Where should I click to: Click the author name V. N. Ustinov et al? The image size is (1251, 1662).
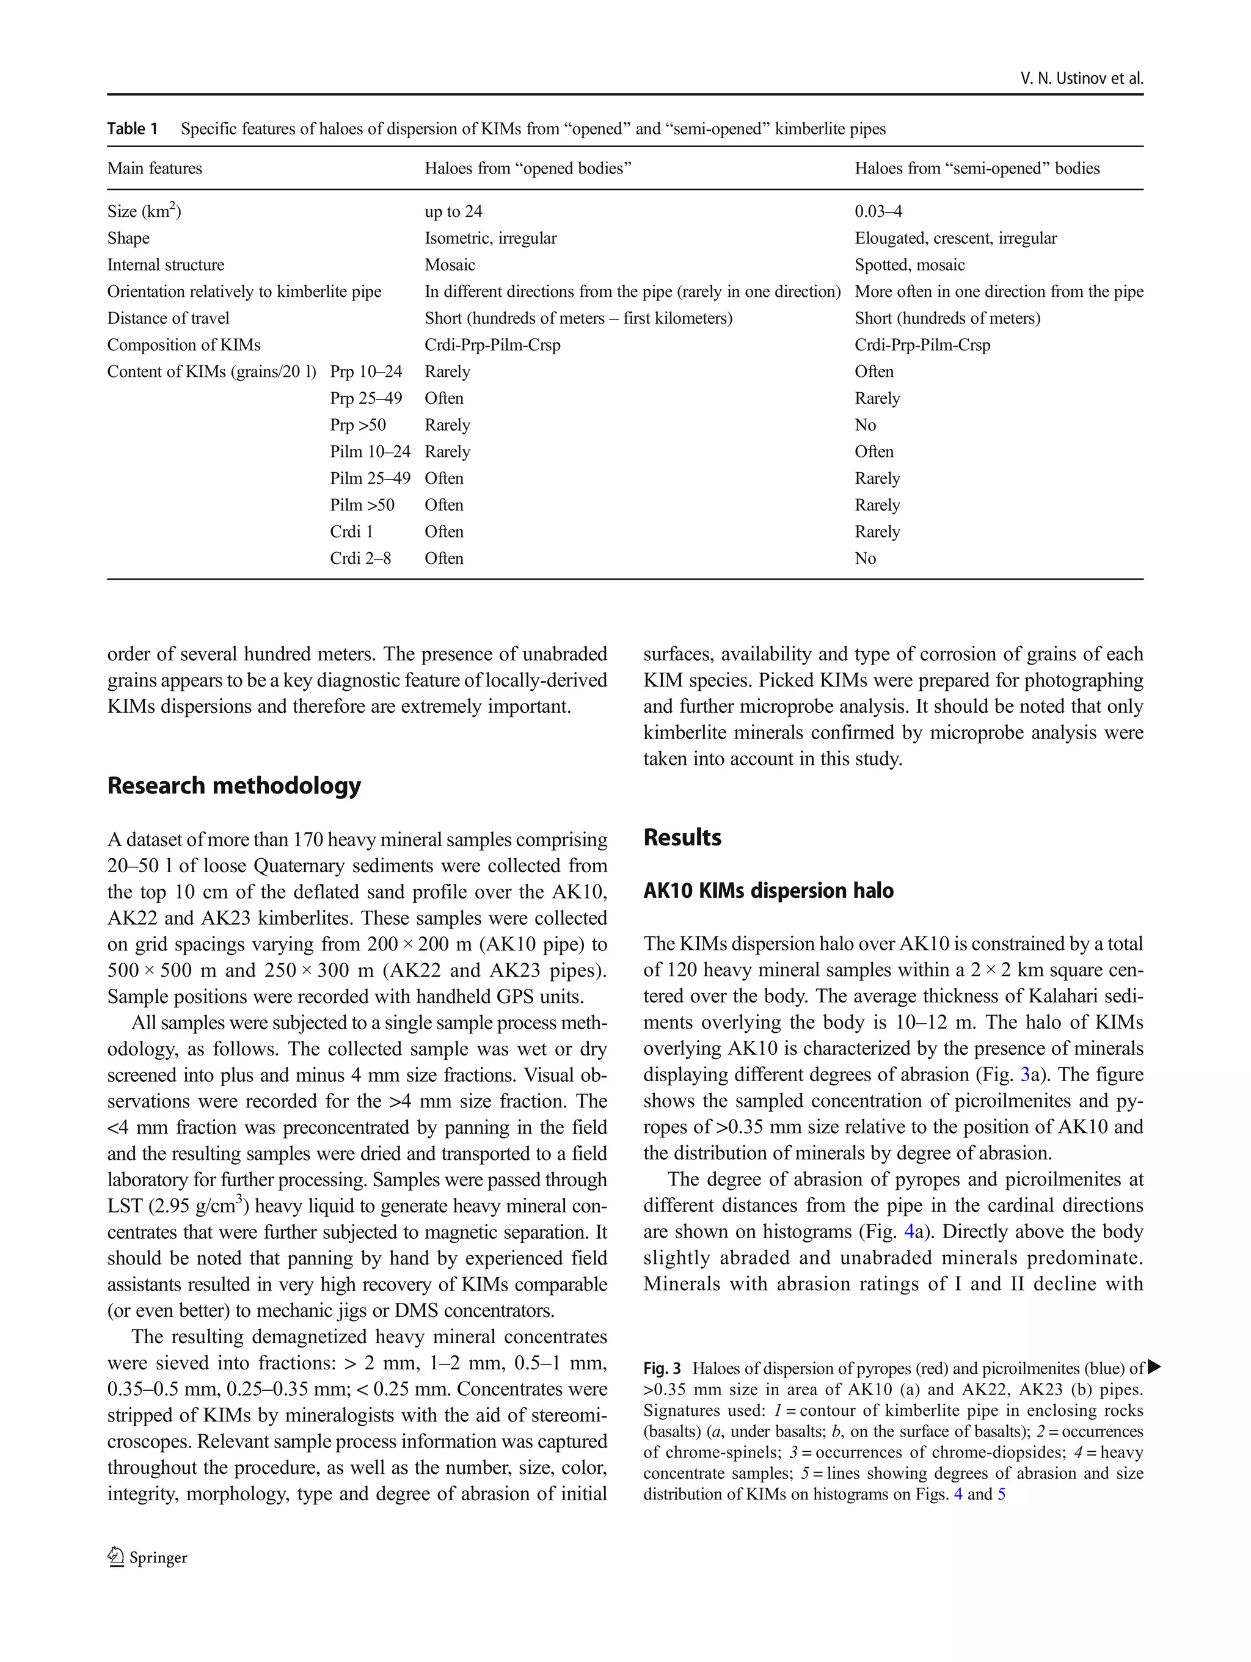click(1081, 78)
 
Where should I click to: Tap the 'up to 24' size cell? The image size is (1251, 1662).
click(453, 212)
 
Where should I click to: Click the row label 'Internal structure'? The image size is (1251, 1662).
click(166, 265)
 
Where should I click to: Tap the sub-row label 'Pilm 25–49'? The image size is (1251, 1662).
click(370, 479)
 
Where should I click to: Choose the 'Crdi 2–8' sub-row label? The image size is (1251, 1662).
click(360, 559)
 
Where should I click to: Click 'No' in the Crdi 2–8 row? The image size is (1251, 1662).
click(865, 559)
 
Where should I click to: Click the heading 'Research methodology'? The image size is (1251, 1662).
click(234, 786)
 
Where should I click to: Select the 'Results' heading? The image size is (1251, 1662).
click(682, 838)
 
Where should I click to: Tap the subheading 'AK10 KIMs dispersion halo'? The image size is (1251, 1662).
click(768, 891)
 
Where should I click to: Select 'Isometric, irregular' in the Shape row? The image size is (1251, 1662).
click(490, 239)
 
